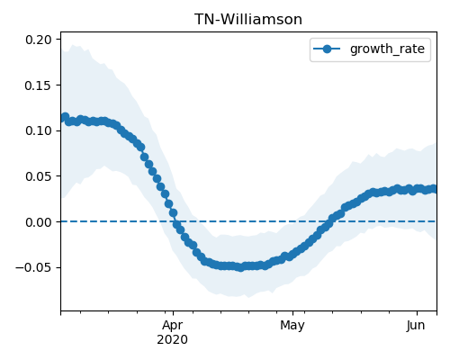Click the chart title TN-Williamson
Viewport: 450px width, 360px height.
pyautogui.click(x=248, y=20)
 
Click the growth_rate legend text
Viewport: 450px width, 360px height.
pyautogui.click(x=387, y=49)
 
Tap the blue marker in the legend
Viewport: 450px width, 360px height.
pyautogui.click(x=327, y=49)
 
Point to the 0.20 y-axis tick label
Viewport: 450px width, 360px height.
pyautogui.click(x=38, y=40)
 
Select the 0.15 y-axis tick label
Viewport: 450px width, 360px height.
pyautogui.click(x=38, y=85)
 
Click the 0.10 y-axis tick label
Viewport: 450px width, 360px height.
pyautogui.click(x=38, y=130)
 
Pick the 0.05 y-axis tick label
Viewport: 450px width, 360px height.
pyautogui.click(x=38, y=176)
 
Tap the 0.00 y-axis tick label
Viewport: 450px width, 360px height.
pyautogui.click(x=38, y=222)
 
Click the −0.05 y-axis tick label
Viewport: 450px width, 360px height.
pyautogui.click(x=33, y=268)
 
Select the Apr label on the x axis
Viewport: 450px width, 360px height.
pyautogui.click(x=173, y=326)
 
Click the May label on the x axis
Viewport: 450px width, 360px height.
pyautogui.click(x=292, y=326)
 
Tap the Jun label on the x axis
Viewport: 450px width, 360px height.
pyautogui.click(x=416, y=325)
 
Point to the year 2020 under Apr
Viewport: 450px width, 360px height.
pyautogui.click(x=173, y=339)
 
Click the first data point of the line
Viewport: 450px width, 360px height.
pyautogui.click(x=64, y=117)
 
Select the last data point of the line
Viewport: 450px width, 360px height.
pyautogui.click(x=434, y=189)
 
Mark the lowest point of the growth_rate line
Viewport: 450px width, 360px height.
pyautogui.click(x=240, y=267)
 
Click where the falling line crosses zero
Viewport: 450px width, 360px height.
pyautogui.click(x=176, y=221)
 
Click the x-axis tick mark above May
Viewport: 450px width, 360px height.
pyautogui.click(x=292, y=313)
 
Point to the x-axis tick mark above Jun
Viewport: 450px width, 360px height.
pyautogui.click(x=417, y=313)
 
